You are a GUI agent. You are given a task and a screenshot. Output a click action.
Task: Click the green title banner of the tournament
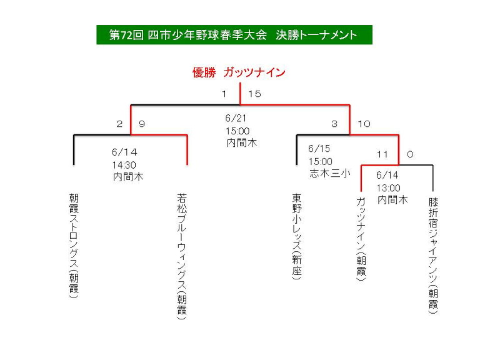click(x=234, y=35)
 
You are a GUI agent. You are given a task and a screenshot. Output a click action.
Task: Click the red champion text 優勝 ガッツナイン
click(x=239, y=72)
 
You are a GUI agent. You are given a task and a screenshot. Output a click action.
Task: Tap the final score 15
click(x=255, y=94)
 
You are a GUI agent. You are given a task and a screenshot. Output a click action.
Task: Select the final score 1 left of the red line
click(x=224, y=94)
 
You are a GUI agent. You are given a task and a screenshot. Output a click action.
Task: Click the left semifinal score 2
click(x=119, y=124)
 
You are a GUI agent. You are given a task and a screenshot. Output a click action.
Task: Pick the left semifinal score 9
click(x=142, y=124)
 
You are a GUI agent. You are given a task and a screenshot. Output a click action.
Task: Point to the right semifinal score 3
click(x=334, y=124)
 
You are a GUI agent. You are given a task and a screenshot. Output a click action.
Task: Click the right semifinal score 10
click(x=364, y=124)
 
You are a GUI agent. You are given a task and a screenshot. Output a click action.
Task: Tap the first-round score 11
click(x=382, y=154)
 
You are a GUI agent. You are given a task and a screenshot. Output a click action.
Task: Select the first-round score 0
click(x=410, y=154)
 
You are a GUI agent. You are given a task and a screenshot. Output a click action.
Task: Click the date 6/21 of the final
click(x=236, y=118)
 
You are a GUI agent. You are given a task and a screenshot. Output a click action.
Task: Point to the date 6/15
click(x=319, y=149)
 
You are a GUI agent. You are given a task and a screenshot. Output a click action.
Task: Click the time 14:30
click(x=124, y=165)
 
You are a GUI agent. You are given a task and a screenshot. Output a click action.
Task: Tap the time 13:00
click(x=389, y=187)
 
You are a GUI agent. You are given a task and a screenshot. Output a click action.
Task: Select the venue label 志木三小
click(x=330, y=173)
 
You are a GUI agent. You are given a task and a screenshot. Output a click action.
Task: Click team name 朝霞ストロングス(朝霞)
click(x=74, y=246)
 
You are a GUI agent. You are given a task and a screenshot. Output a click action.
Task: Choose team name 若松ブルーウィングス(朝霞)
click(x=182, y=256)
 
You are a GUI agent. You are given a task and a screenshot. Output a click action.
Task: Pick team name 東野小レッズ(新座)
click(x=297, y=236)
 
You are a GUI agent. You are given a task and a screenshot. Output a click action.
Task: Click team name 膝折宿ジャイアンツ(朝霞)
click(x=433, y=256)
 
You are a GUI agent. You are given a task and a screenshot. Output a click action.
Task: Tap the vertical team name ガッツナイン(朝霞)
click(x=361, y=239)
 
